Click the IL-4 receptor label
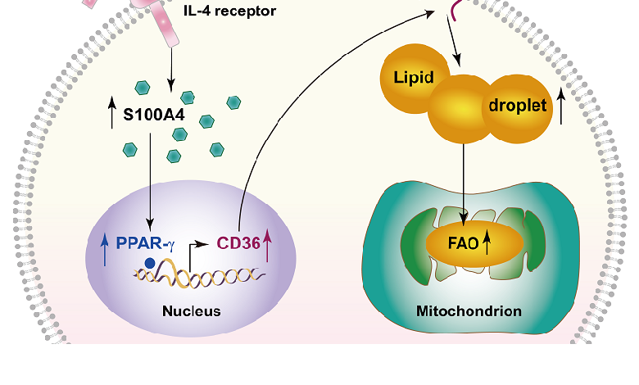coord(229,11)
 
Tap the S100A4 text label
coord(153,114)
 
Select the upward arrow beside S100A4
coord(112,114)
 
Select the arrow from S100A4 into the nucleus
coord(149,188)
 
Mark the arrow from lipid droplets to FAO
coord(465,180)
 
